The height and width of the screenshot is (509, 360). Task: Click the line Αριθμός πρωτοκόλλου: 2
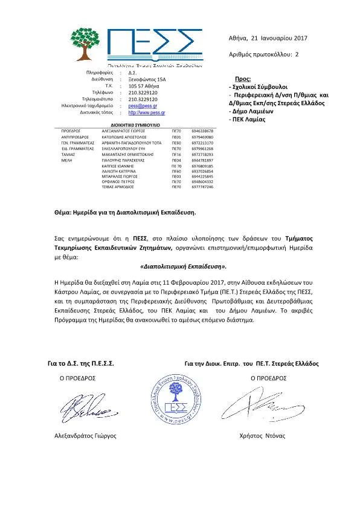(264, 54)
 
